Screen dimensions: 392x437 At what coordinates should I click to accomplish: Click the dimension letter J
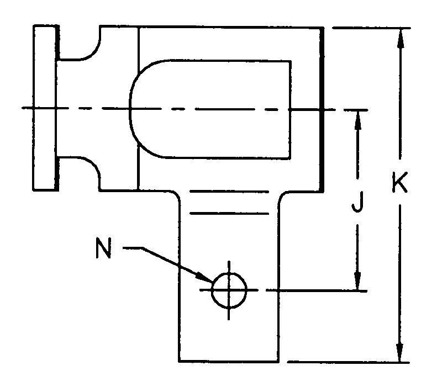coord(359,205)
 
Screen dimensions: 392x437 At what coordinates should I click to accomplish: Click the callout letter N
coord(103,249)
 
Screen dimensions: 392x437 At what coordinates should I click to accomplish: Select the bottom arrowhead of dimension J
coord(359,281)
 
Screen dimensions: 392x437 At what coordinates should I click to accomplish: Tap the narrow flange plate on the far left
coord(45,108)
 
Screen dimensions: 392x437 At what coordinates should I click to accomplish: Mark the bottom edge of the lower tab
coord(228,362)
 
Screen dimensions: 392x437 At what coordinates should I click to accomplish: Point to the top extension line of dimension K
coord(370,26)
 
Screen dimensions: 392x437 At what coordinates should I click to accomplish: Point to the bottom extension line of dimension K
coord(348,362)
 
